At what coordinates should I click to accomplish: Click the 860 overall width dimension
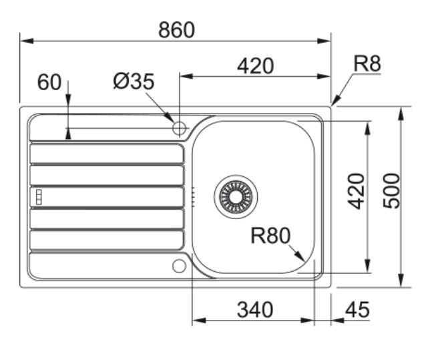pos(176,30)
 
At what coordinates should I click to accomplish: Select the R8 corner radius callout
pos(367,64)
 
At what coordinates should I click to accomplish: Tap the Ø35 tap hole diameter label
pos(134,81)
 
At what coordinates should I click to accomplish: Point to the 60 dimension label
pos(49,83)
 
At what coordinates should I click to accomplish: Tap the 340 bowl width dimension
pos(255,310)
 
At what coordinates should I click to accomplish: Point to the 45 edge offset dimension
pos(358,310)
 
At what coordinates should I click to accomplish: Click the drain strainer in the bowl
pos(234,196)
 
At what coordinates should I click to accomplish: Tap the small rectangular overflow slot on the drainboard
pos(38,196)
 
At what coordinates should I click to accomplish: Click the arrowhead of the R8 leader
pos(334,103)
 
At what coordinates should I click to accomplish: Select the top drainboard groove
pos(107,154)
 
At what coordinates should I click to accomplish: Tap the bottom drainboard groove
pos(107,240)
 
